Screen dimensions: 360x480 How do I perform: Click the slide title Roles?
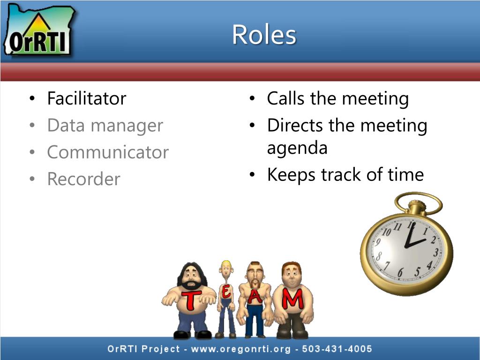[x=264, y=35]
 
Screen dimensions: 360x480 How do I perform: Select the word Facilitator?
[x=87, y=99]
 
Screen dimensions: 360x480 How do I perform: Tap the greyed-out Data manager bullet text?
[x=105, y=126]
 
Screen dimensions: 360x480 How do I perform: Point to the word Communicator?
[x=108, y=152]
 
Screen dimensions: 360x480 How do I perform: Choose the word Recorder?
[x=83, y=179]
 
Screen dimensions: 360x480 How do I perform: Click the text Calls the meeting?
[x=337, y=99]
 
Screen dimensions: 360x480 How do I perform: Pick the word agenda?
[x=297, y=148]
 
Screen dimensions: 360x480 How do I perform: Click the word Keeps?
[x=292, y=175]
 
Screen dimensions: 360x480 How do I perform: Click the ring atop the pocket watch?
[x=418, y=202]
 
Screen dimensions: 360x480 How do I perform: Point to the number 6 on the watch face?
[x=400, y=273]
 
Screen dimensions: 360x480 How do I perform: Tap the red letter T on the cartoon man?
[x=191, y=300]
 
